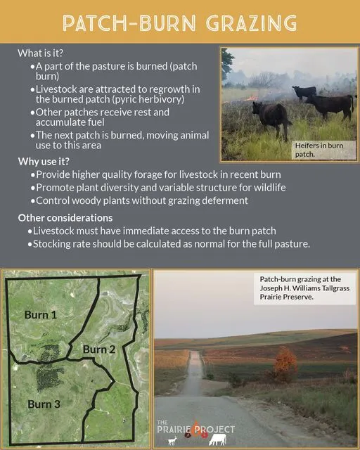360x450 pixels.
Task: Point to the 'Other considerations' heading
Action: pyautogui.click(x=65, y=218)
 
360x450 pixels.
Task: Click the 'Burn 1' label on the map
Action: pyautogui.click(x=41, y=314)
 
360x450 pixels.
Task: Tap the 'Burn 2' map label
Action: pyautogui.click(x=99, y=349)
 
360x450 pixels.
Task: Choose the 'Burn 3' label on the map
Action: pyautogui.click(x=44, y=404)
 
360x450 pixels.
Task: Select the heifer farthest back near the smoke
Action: pyautogui.click(x=304, y=92)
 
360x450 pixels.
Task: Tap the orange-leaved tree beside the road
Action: pyautogui.click(x=285, y=364)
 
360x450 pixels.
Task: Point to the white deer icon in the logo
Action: pyautogui.click(x=172, y=441)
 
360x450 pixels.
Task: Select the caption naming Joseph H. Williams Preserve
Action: pyautogui.click(x=304, y=288)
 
